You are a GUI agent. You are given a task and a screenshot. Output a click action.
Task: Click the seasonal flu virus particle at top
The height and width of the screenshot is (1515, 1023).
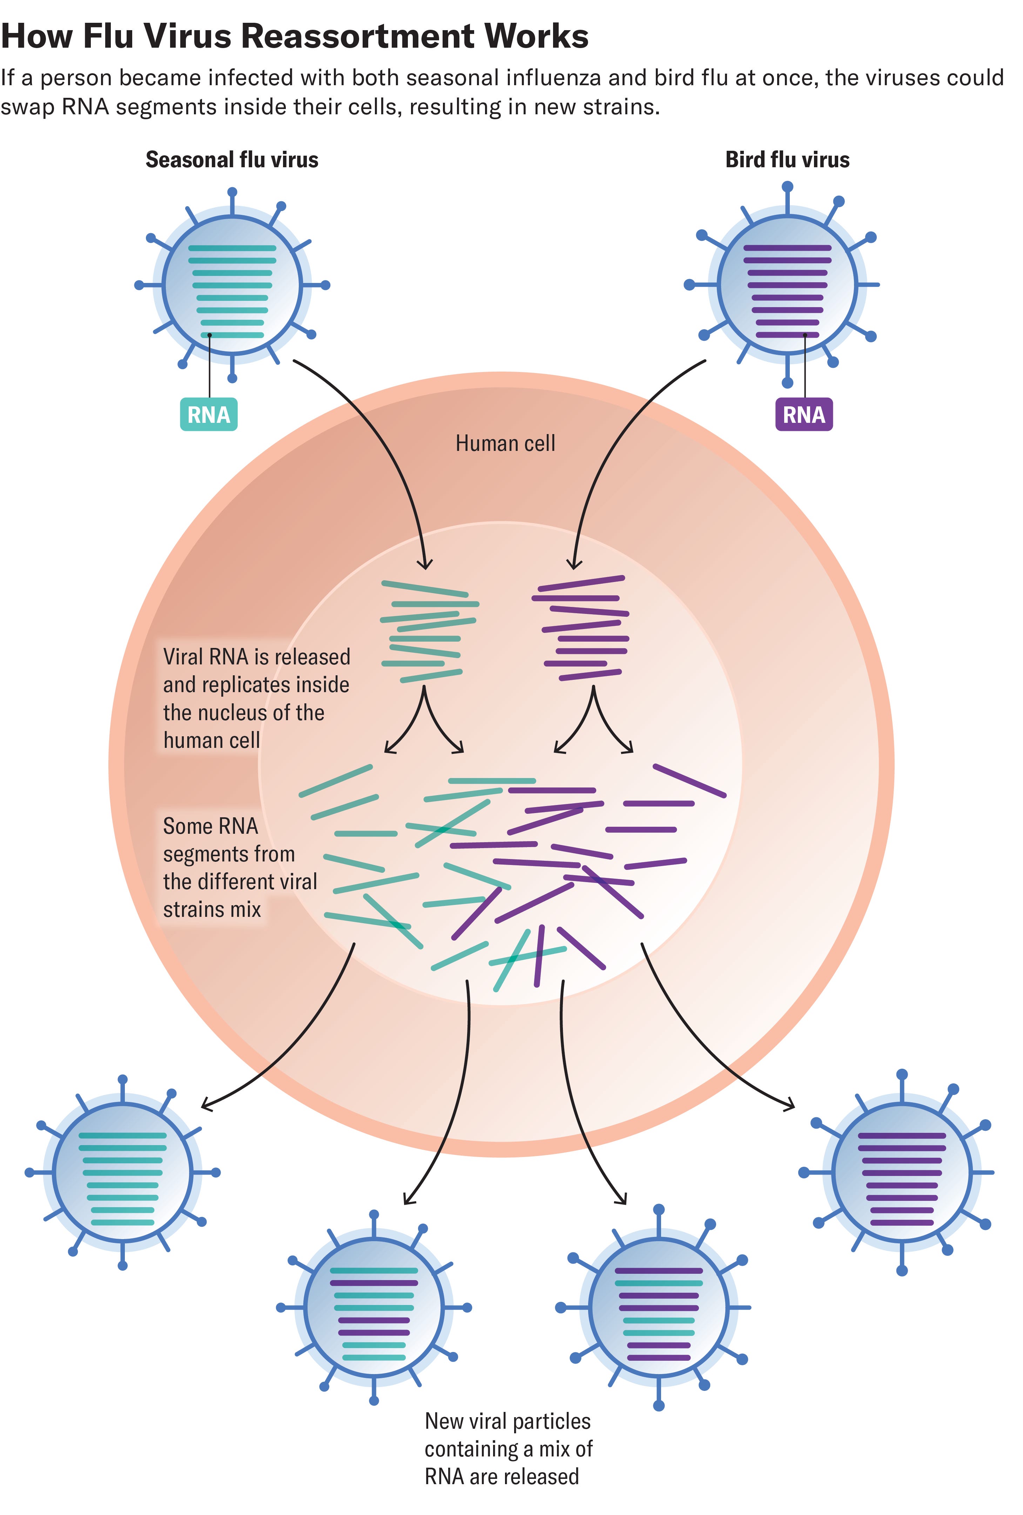232,285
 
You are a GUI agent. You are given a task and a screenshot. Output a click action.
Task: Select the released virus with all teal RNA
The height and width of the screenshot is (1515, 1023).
123,1172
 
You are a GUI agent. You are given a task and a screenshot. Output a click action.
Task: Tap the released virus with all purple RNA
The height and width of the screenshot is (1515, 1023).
902,1172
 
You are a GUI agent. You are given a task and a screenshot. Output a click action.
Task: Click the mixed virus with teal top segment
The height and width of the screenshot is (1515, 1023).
373,1307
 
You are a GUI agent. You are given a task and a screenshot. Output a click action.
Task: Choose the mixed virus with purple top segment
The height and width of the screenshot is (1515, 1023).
659,1307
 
